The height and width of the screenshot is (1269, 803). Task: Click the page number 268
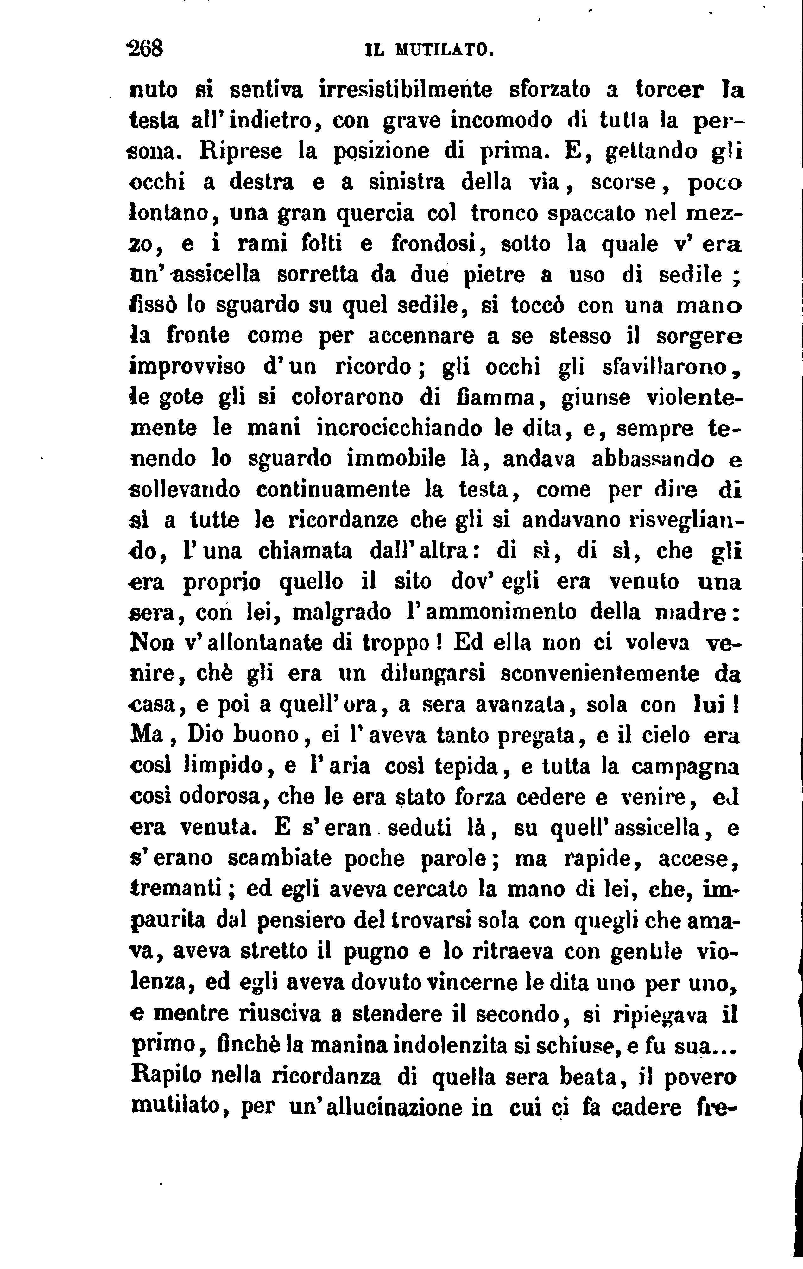click(x=147, y=49)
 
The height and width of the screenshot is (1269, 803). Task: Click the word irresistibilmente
click(x=406, y=90)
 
